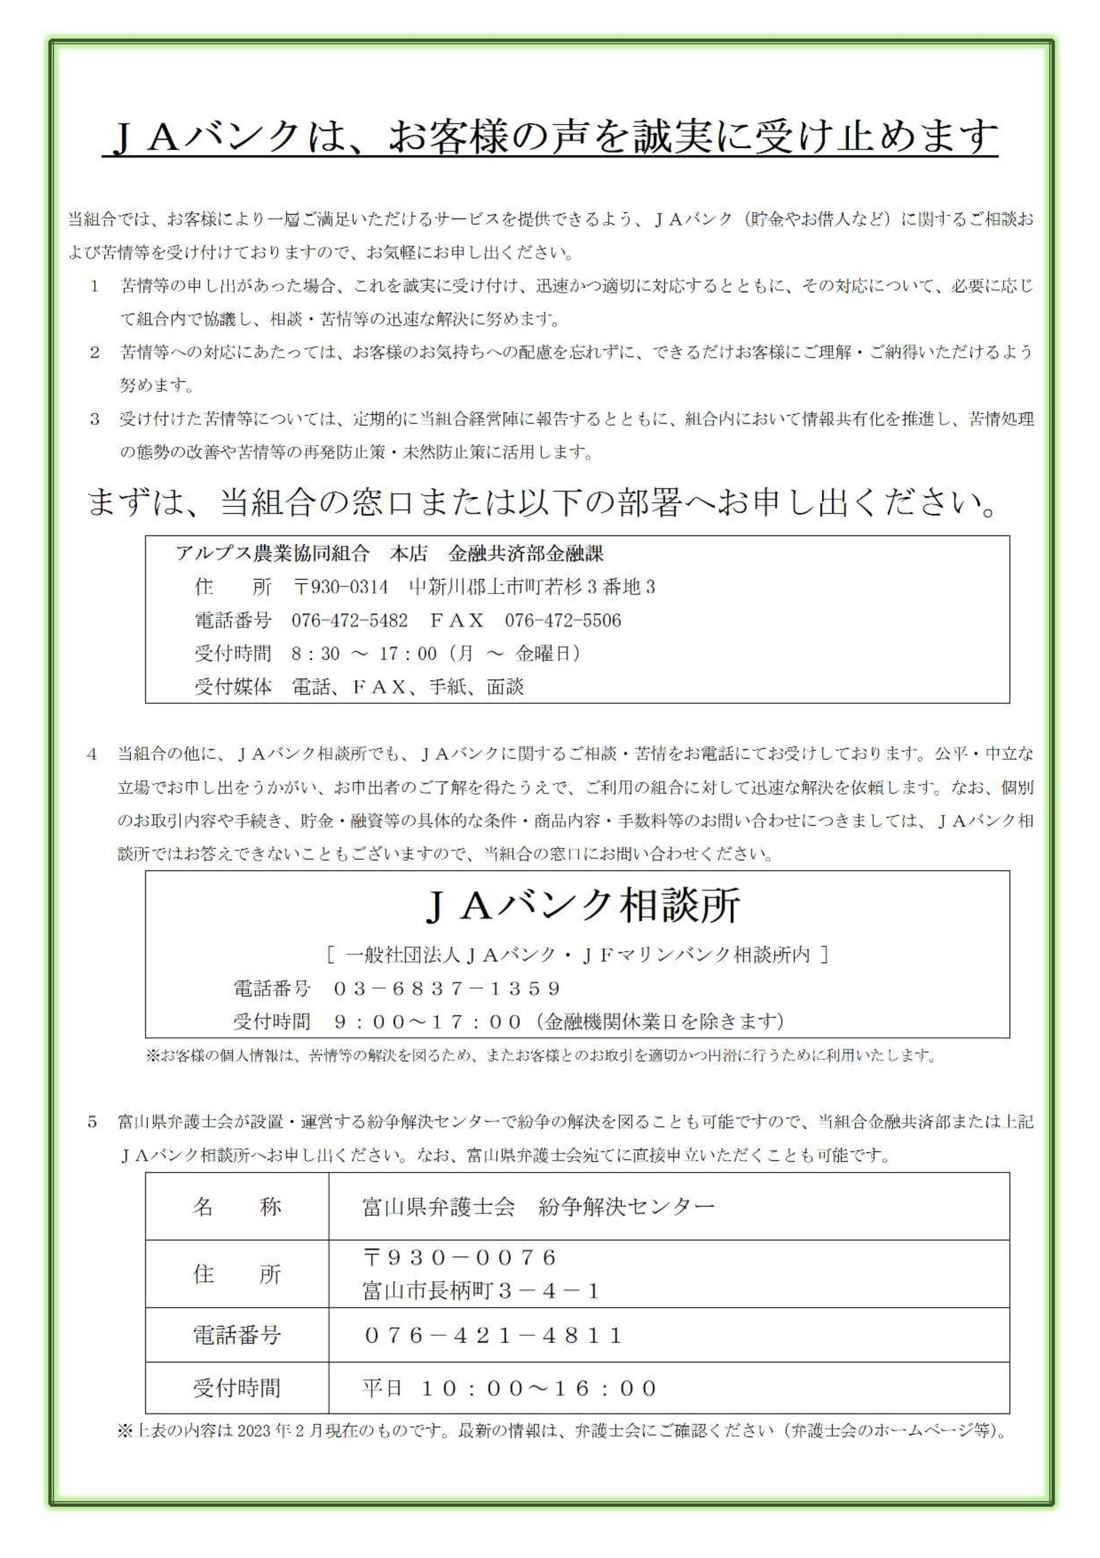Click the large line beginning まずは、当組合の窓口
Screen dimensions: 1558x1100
[542, 503]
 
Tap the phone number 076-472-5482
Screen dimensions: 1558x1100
[349, 620]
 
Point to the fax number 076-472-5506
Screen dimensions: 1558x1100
[562, 620]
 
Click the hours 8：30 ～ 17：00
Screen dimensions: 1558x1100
[364, 654]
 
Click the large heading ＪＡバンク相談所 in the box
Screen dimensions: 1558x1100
[582, 907]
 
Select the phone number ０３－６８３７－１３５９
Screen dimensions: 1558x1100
[448, 988]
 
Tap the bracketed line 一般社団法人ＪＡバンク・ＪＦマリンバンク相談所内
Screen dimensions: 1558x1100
[576, 955]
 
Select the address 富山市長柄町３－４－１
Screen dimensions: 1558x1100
[482, 1291]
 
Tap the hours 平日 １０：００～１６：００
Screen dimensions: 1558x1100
[510, 1388]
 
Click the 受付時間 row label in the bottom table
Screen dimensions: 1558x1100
[237, 1388]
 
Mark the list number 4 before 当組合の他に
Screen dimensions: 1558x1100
[92, 755]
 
